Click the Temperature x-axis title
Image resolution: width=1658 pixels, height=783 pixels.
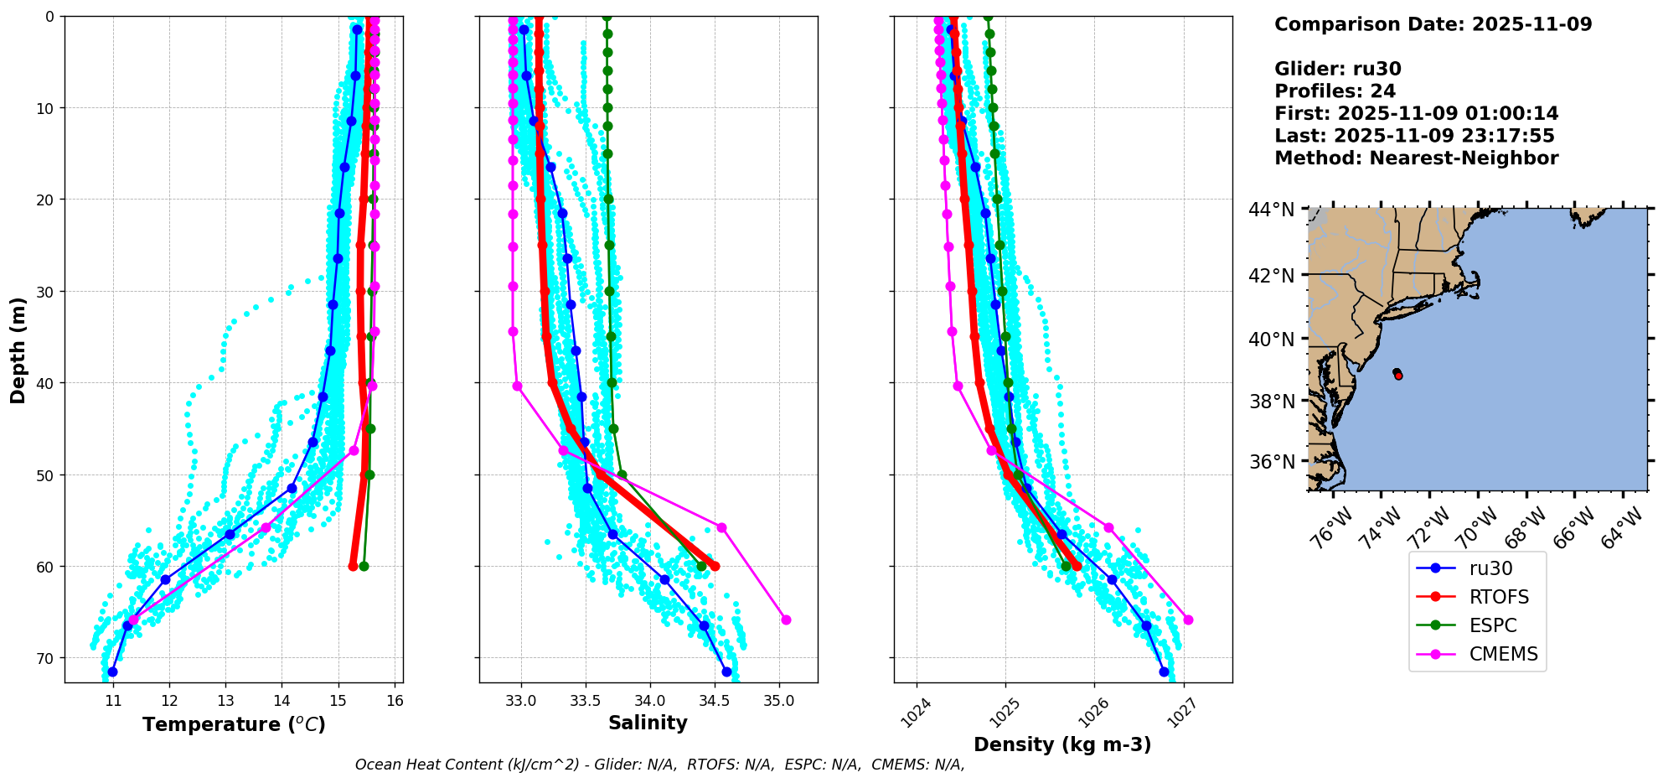[x=234, y=724]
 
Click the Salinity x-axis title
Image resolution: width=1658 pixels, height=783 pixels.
[x=648, y=723]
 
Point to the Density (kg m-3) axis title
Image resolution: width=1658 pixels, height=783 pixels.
[x=1061, y=744]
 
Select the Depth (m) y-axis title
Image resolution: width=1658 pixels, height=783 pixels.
[x=18, y=350]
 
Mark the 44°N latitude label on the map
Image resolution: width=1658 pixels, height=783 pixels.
[x=1272, y=210]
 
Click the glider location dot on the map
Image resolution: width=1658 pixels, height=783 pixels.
[x=1397, y=374]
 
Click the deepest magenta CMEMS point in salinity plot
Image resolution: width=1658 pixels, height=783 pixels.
[x=786, y=620]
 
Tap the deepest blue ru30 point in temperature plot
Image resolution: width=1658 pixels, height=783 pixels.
[x=112, y=672]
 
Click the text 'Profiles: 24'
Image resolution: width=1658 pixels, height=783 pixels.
[x=1335, y=91]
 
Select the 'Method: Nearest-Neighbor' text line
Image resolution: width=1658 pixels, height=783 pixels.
[x=1416, y=158]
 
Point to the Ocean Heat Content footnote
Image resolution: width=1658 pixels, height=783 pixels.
[x=659, y=765]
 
